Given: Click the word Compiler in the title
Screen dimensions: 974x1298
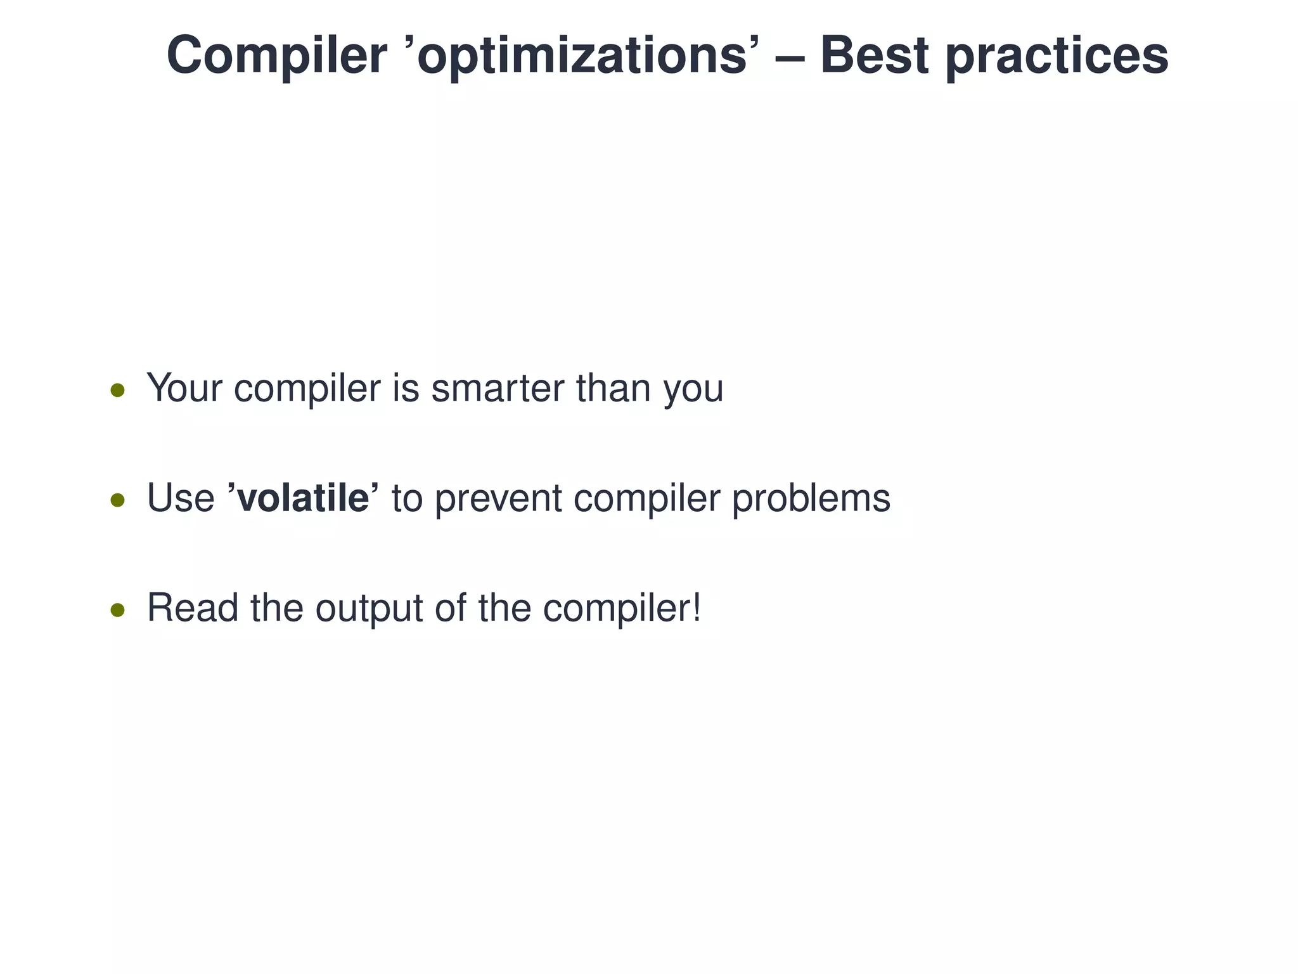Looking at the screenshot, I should [x=276, y=56].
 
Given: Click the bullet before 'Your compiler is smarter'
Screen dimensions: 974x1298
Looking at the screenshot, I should [x=117, y=390].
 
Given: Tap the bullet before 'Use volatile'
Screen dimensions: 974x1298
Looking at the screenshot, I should [x=117, y=500].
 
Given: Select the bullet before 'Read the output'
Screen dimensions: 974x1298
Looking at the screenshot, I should [x=117, y=610].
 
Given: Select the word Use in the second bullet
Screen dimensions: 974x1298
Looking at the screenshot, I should [x=181, y=498].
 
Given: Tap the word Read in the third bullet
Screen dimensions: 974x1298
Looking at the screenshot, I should [x=193, y=607].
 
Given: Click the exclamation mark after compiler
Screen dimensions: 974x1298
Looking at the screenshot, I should [x=697, y=607].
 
